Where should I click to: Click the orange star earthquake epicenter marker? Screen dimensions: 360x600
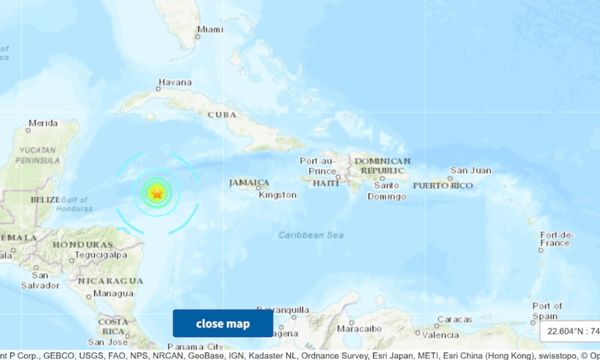[157, 193]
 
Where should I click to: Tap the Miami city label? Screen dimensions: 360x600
[210, 29]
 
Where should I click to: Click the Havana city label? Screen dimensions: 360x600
[175, 82]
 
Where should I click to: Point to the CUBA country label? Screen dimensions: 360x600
[222, 114]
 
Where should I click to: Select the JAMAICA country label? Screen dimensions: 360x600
[249, 182]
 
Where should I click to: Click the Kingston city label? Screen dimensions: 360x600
[277, 194]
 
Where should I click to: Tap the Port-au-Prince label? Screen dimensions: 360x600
[318, 166]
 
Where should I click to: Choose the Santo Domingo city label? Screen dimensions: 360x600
[386, 191]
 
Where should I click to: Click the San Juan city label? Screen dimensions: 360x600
[471, 170]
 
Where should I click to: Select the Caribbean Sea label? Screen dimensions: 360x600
[311, 235]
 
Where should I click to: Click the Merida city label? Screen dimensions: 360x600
[43, 123]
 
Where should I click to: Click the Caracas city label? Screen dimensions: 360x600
[454, 319]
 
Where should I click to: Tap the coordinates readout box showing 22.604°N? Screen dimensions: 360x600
[570, 331]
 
